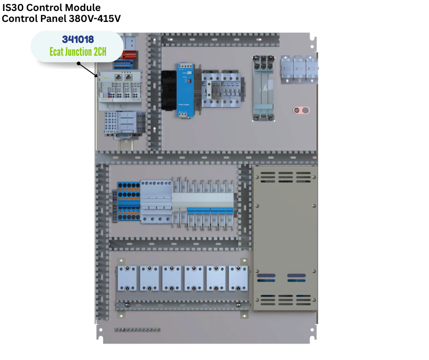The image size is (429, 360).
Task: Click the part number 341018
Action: pos(78,39)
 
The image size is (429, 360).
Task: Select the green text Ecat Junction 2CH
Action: pos(78,52)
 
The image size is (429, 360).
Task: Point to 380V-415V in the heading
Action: pos(94,19)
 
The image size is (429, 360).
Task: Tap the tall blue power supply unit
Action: pos(185,90)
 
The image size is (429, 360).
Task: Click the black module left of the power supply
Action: pos(168,90)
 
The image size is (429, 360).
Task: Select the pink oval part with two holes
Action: pos(301,111)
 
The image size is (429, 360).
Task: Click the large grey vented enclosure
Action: pos(285,238)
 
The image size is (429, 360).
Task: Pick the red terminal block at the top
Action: pos(129,55)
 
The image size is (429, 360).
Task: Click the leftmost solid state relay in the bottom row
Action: pos(127,278)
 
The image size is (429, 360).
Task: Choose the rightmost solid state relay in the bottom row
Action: pos(238,278)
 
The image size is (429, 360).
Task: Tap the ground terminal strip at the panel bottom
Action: pos(137,330)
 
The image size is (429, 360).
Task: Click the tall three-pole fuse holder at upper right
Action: pos(263,88)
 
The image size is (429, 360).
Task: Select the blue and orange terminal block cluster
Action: pos(129,201)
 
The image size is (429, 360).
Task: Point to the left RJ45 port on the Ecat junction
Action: pos(119,77)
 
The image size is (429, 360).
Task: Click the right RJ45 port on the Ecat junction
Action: pos(128,77)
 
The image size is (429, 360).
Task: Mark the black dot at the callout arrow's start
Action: pos(78,64)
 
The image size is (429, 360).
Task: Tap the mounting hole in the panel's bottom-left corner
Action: pos(101,330)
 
